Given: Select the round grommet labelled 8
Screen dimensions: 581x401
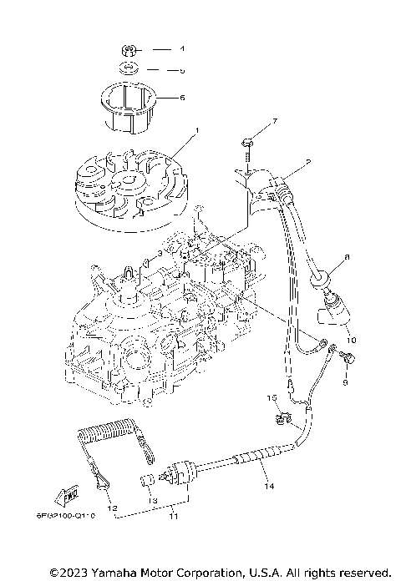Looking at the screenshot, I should [x=322, y=279].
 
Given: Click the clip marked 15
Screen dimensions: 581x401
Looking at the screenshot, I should [x=277, y=410].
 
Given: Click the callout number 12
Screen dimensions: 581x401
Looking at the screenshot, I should [x=111, y=508].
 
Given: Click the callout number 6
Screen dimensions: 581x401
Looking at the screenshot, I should [x=183, y=97].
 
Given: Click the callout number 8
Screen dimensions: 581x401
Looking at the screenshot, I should [x=348, y=257].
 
